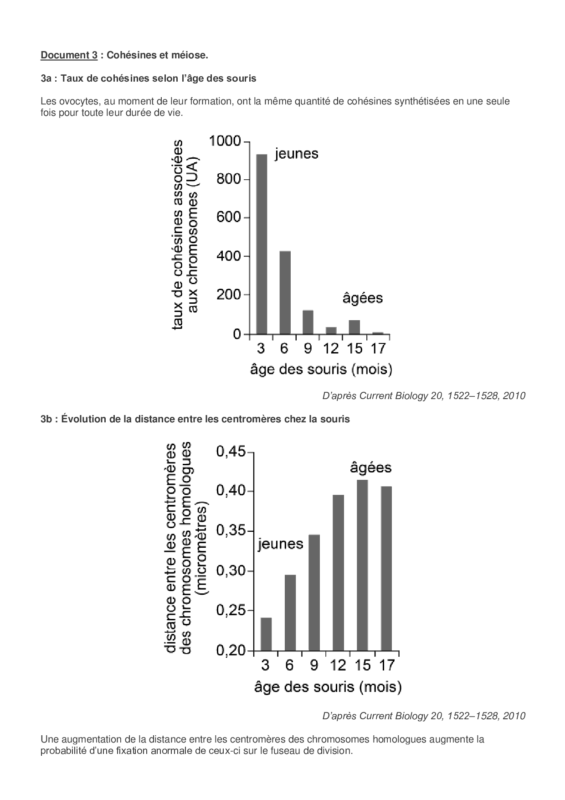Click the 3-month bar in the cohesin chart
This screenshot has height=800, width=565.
[262, 244]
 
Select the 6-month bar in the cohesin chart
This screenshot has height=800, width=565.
[285, 292]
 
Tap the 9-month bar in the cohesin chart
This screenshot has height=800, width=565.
[308, 322]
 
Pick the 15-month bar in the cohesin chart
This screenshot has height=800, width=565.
[354, 327]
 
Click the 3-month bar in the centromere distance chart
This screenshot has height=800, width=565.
[266, 634]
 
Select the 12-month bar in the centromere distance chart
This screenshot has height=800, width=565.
[338, 572]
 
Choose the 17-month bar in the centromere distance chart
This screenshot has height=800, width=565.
[386, 568]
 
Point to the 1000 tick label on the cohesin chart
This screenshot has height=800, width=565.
[224, 141]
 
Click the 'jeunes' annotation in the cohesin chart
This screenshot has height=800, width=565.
[296, 154]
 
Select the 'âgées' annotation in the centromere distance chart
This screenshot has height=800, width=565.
[370, 468]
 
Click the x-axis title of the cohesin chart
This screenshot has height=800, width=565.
[321, 369]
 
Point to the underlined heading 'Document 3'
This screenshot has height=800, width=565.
[69, 55]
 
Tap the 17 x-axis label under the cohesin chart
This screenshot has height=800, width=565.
[378, 348]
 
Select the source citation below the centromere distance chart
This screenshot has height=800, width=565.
[424, 716]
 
